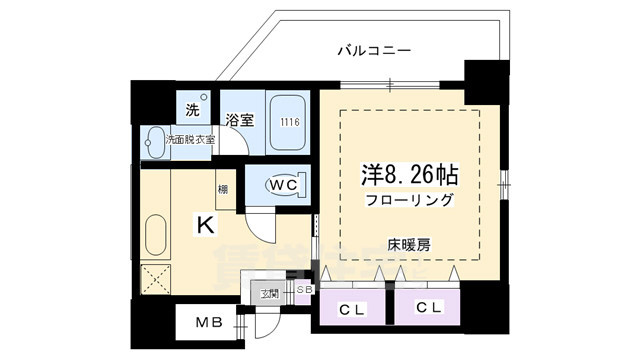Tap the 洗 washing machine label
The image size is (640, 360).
coord(191,109)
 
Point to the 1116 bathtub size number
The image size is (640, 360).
coord(289,122)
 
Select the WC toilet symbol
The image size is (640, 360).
coord(282,185)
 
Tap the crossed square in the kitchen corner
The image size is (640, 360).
coord(155,280)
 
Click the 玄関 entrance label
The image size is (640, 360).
coord(270,294)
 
